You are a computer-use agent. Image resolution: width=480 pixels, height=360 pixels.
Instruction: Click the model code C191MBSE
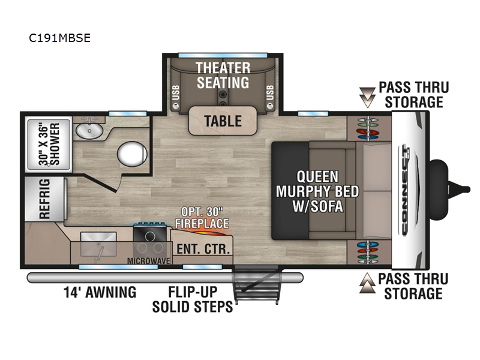point(59,38)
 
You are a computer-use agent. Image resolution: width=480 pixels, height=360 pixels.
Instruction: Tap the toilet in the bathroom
point(132,154)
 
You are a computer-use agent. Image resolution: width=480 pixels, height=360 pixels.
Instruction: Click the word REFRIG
point(44,199)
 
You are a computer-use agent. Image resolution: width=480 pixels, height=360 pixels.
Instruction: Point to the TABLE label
point(223,121)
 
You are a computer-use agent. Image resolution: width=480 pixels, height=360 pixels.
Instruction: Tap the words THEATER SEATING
point(223,76)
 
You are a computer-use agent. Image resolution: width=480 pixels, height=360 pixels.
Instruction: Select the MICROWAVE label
point(149,261)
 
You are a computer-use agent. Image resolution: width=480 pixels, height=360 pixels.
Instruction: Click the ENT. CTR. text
point(203,249)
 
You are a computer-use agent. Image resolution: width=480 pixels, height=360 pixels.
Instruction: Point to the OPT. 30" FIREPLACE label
point(202,218)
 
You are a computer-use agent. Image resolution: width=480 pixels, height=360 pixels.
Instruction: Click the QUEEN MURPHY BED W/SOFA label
point(317,191)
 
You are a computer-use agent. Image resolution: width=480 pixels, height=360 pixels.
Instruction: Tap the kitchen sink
point(98,244)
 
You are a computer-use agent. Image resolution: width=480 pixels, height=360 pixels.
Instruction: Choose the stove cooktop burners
point(150,242)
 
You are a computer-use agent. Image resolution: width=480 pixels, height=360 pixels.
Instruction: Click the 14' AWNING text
point(100,292)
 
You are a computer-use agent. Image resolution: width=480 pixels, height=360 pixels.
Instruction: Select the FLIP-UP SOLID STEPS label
point(193,299)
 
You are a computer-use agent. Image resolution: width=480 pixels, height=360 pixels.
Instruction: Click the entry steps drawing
point(257,284)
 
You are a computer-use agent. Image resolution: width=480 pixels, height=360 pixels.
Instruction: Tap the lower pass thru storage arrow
point(367,283)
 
